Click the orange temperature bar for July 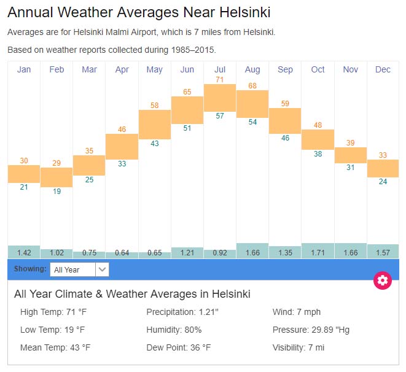pyautogui.click(x=220, y=98)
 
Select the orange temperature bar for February pyautogui.click(x=57, y=177)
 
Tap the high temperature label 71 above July pyautogui.click(x=220, y=80)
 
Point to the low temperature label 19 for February pyautogui.click(x=57, y=192)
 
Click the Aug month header pyautogui.click(x=252, y=69)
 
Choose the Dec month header pyautogui.click(x=383, y=69)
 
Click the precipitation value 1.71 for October pyautogui.click(x=318, y=253)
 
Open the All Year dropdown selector pyautogui.click(x=80, y=269)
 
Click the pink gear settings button pyautogui.click(x=383, y=281)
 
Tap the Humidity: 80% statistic pyautogui.click(x=174, y=330)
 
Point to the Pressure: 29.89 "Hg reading pyautogui.click(x=311, y=330)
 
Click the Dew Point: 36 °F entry pyautogui.click(x=178, y=347)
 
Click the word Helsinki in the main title pyautogui.click(x=236, y=12)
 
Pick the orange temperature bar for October pyautogui.click(x=318, y=139)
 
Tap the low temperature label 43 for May pyautogui.click(x=155, y=144)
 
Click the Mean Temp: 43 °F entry pyautogui.click(x=55, y=347)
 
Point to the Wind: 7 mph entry pyautogui.click(x=297, y=312)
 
